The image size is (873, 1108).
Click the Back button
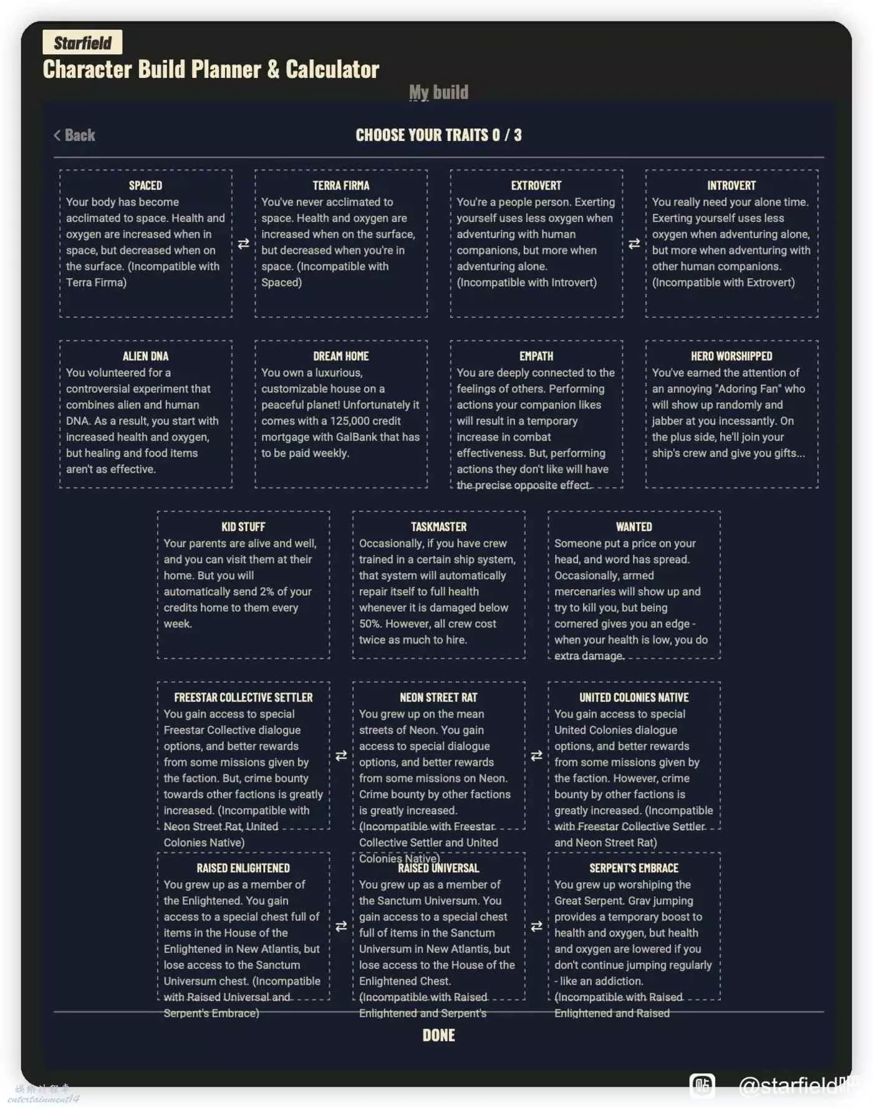pyautogui.click(x=75, y=135)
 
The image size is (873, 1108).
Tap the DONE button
pyautogui.click(x=438, y=1036)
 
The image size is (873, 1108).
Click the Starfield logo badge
pyautogui.click(x=82, y=42)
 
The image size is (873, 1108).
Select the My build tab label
pyautogui.click(x=438, y=92)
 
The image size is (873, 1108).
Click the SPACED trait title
pyautogui.click(x=145, y=185)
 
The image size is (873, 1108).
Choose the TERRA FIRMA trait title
pyautogui.click(x=340, y=185)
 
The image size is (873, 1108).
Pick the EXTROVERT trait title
pyautogui.click(x=536, y=185)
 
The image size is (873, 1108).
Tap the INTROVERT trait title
pyautogui.click(x=731, y=185)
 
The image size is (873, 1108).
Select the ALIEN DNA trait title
pyautogui.click(x=145, y=356)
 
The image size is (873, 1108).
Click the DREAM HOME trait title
pyautogui.click(x=340, y=356)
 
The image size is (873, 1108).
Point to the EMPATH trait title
pyautogui.click(x=536, y=356)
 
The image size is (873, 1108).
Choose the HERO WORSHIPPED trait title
pyautogui.click(x=731, y=356)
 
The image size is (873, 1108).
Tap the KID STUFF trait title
pyautogui.click(x=243, y=527)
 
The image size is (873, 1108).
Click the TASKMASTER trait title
pyautogui.click(x=438, y=527)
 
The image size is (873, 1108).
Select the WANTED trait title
pyautogui.click(x=634, y=527)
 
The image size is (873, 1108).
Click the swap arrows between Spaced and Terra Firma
pyautogui.click(x=243, y=244)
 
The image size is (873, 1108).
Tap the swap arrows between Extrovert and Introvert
pyautogui.click(x=634, y=244)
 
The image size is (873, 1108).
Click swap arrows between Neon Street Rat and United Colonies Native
pyautogui.click(x=536, y=756)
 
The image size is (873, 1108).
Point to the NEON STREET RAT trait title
pyautogui.click(x=438, y=697)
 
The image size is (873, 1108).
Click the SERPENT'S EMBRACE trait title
pyautogui.click(x=634, y=868)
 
